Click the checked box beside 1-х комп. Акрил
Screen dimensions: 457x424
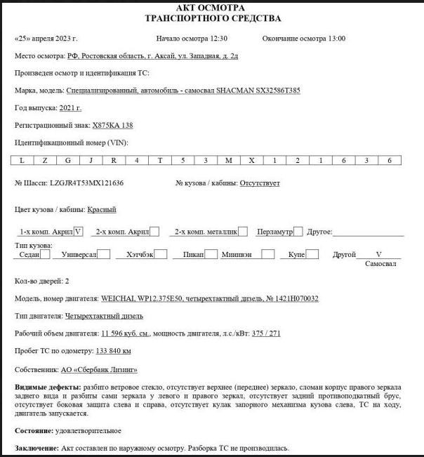(78, 231)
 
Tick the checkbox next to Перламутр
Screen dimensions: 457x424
(298, 231)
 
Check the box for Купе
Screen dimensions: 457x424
(312, 255)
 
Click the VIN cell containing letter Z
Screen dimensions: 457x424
(45, 161)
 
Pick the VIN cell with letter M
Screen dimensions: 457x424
(229, 161)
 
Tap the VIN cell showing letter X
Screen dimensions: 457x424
(251, 161)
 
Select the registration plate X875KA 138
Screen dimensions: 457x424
(112, 126)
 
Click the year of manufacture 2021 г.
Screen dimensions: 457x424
(70, 108)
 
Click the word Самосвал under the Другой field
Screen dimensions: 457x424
(380, 265)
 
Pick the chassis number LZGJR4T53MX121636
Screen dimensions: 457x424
(86, 183)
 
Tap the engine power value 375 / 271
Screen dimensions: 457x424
(266, 333)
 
